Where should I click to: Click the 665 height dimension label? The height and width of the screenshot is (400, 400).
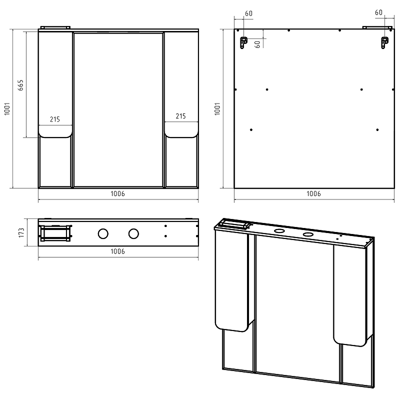click(x=20, y=85)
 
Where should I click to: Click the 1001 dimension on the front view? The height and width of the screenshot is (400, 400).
click(x=7, y=109)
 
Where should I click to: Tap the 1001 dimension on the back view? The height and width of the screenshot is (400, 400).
click(x=217, y=109)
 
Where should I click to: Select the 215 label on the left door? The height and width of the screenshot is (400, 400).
click(x=55, y=119)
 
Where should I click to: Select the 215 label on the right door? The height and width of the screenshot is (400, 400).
click(x=180, y=116)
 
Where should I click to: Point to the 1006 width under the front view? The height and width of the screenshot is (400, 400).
click(x=117, y=193)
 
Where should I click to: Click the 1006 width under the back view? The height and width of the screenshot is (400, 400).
click(x=313, y=193)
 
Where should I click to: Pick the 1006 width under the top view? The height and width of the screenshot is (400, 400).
click(x=117, y=251)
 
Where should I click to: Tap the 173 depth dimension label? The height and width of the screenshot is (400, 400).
click(x=21, y=232)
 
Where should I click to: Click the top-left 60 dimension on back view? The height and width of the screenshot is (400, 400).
click(x=248, y=13)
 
